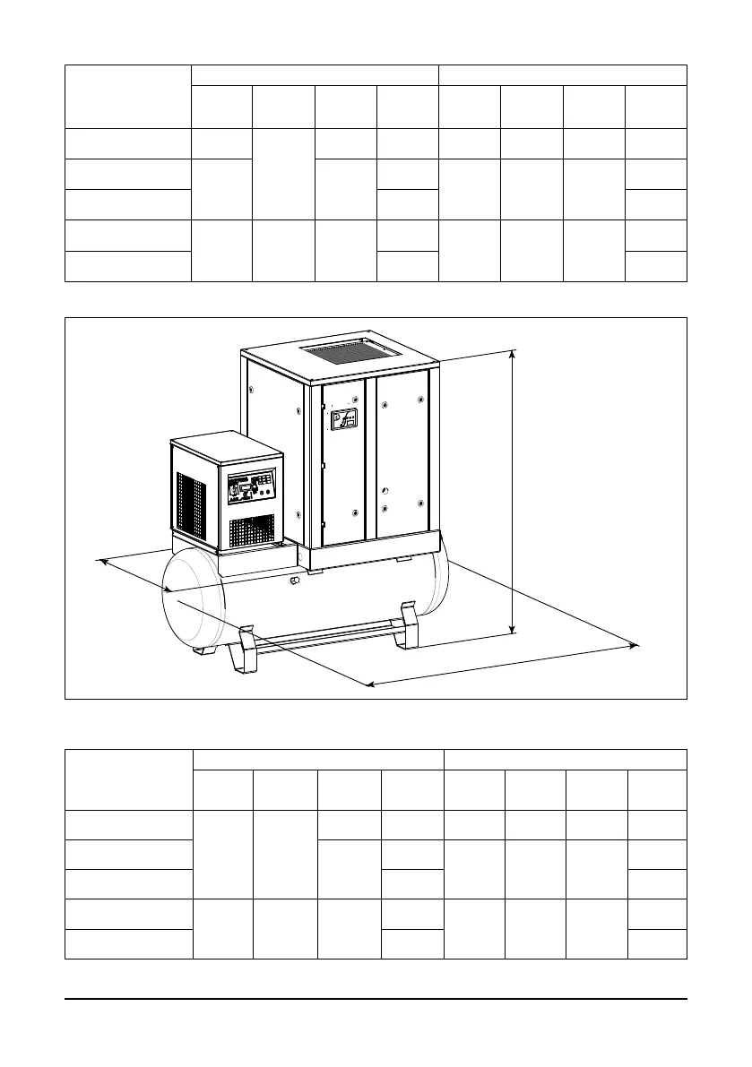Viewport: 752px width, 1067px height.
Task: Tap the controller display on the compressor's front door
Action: click(344, 418)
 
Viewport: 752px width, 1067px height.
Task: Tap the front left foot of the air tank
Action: click(244, 656)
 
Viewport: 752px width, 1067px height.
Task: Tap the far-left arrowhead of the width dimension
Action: click(102, 562)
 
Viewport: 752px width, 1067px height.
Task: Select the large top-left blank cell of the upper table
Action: click(128, 96)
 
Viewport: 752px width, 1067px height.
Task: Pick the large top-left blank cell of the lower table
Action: click(129, 779)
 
